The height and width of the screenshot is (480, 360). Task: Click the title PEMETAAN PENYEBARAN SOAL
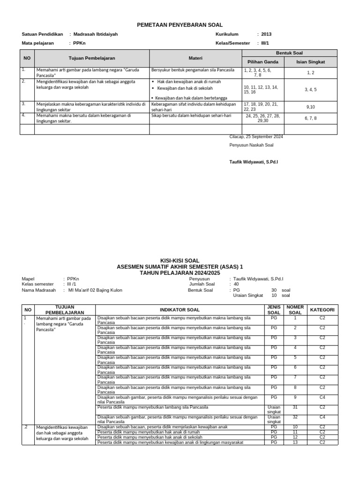click(x=180, y=25)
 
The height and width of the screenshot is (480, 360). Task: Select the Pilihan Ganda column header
click(x=263, y=61)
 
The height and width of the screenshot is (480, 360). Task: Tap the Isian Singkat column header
click(x=310, y=61)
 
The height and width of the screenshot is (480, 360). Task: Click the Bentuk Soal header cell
click(x=289, y=53)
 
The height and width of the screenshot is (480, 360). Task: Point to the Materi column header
click(x=195, y=58)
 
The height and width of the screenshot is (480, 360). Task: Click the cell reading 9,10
click(x=311, y=107)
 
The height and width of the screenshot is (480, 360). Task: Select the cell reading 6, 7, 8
click(x=311, y=119)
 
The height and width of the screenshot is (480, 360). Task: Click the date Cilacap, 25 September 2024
click(x=256, y=136)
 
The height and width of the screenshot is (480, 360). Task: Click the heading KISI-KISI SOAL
click(x=180, y=261)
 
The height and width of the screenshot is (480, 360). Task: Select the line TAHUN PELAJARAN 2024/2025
click(x=180, y=272)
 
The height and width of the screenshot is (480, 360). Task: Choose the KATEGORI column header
click(x=322, y=310)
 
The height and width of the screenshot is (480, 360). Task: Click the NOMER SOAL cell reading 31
click(x=295, y=407)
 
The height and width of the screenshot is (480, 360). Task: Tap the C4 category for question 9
click(x=322, y=397)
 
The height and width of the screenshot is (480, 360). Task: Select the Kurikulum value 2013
click(x=266, y=34)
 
